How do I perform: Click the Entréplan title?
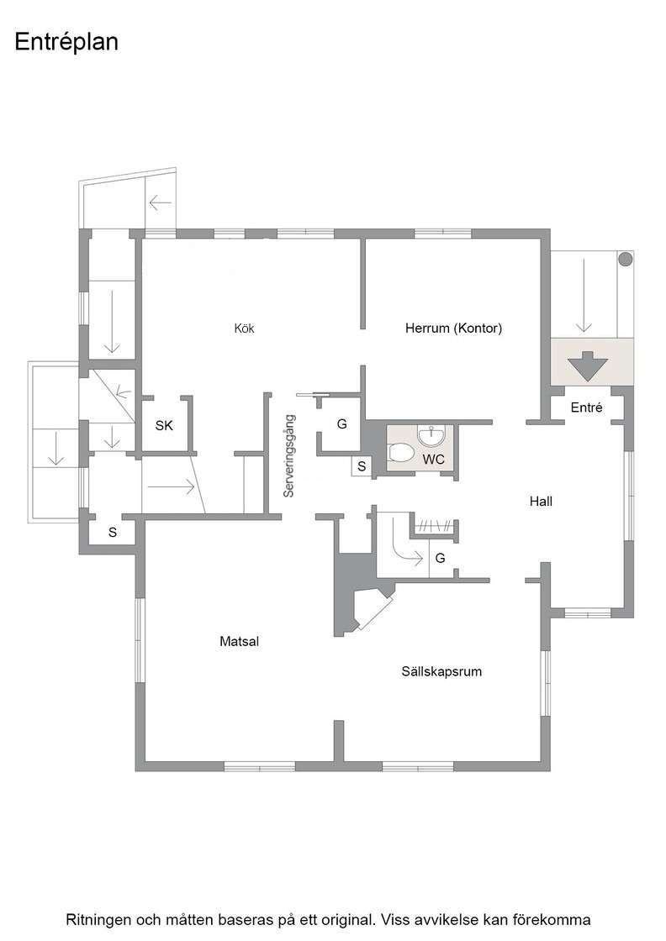(x=66, y=43)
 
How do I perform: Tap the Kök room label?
(x=245, y=329)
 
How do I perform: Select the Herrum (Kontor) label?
(x=453, y=328)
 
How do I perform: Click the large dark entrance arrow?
(x=588, y=366)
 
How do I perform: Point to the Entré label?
(x=586, y=407)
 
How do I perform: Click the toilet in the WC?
(x=401, y=453)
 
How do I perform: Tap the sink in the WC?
(x=431, y=436)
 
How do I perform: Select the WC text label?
(x=434, y=460)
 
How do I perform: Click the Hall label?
(x=541, y=501)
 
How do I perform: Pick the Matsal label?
(x=239, y=641)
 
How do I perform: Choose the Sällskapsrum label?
(x=441, y=671)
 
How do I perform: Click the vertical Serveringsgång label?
(x=289, y=455)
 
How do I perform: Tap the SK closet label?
(x=164, y=425)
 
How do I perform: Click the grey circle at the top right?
(x=625, y=260)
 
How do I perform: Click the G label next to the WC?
(x=341, y=424)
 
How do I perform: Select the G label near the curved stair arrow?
(x=440, y=558)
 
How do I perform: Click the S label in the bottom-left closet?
(x=113, y=533)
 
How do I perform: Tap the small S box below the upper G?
(x=362, y=466)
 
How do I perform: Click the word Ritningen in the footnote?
(x=96, y=919)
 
